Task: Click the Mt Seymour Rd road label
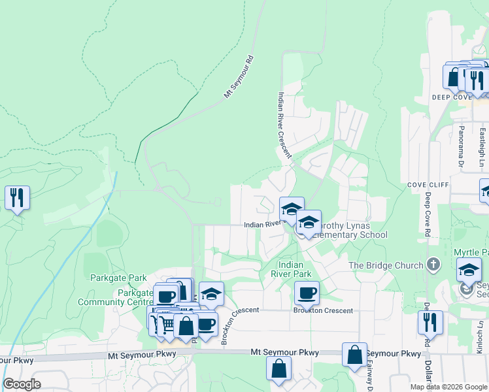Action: (239, 77)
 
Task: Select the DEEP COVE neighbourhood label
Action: (451, 97)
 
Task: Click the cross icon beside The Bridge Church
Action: (432, 265)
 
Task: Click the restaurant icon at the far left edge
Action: (17, 198)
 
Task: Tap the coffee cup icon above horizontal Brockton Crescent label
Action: (306, 293)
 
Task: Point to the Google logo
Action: (22, 384)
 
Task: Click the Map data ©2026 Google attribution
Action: (448, 387)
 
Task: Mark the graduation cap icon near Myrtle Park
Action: (468, 270)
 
